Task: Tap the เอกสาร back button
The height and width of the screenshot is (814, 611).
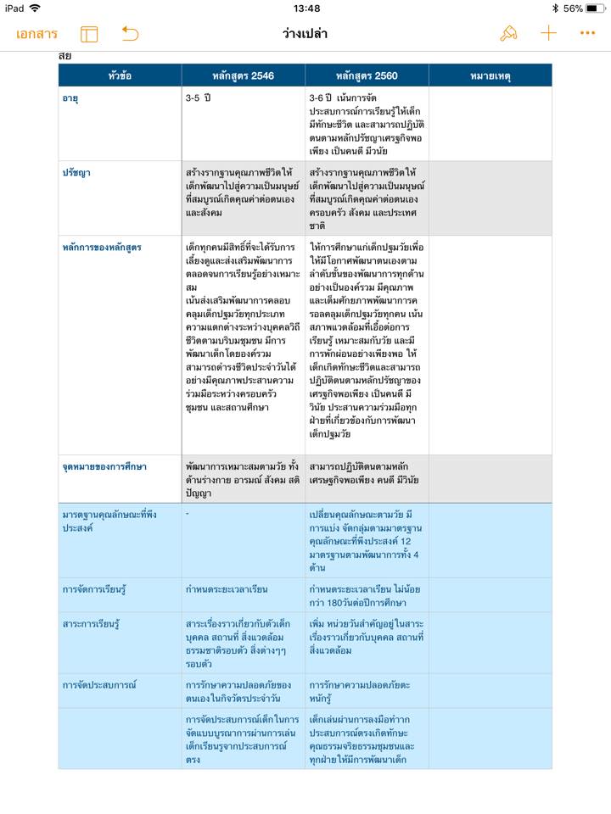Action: click(x=36, y=34)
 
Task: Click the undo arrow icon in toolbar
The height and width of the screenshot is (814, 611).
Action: click(x=130, y=34)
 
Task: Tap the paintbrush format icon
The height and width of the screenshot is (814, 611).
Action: click(x=508, y=34)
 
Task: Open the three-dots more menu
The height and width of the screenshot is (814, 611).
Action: click(x=587, y=34)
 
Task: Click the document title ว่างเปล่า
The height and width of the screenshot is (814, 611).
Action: click(x=305, y=34)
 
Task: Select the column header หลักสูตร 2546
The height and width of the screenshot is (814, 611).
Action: click(x=243, y=75)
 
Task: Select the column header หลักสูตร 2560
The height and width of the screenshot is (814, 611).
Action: click(x=367, y=75)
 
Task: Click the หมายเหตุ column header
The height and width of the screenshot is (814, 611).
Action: click(x=490, y=75)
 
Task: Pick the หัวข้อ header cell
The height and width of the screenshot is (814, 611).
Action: click(x=120, y=75)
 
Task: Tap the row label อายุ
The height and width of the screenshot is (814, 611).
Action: click(x=71, y=98)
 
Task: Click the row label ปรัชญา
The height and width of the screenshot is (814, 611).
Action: click(x=76, y=173)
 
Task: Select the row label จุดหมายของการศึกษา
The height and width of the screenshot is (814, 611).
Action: click(x=104, y=466)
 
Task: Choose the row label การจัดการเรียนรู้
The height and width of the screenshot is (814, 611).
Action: click(x=93, y=588)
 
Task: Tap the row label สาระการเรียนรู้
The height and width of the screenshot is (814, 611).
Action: click(x=91, y=624)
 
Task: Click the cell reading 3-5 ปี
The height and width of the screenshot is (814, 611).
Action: click(x=198, y=98)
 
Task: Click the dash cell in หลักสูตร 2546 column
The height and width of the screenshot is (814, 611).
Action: click(x=188, y=514)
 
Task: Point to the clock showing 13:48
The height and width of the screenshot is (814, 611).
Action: click(x=306, y=8)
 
